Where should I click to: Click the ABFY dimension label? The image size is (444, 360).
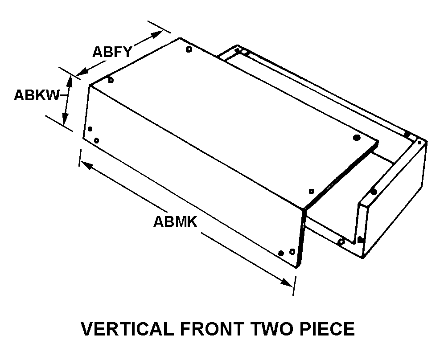pos(112,52)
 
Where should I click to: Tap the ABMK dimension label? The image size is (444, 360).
pos(175,221)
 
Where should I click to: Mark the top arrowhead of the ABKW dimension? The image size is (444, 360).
pos(69,79)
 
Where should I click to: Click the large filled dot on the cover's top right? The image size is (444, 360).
pos(356,138)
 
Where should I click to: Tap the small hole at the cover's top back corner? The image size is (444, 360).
pos(189,49)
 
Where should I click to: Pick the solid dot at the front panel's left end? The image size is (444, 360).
pos(90,129)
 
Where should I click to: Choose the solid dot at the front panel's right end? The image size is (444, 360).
pos(281,253)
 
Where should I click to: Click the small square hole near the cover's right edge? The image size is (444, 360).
pos(312,191)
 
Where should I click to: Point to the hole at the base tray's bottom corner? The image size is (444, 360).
pos(341,242)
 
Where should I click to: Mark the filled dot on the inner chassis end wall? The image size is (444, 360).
pos(374,192)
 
